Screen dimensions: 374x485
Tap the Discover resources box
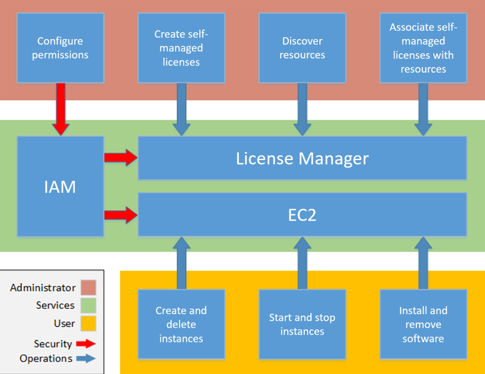tap(302, 48)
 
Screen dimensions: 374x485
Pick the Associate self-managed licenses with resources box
tap(423, 48)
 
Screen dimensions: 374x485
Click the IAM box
tap(61, 186)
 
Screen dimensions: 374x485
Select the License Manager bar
tap(302, 158)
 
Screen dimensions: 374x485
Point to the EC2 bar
tap(302, 215)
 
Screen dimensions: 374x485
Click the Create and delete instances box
tap(181, 324)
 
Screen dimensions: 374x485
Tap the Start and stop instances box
tap(302, 324)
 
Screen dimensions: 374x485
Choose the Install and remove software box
tap(423, 324)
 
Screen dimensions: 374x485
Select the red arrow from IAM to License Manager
tap(121, 158)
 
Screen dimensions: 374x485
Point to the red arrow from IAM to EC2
tap(121, 215)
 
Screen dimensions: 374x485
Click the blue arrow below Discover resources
tap(302, 109)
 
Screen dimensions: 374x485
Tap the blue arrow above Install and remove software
tap(423, 263)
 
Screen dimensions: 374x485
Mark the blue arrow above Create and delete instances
tap(181, 263)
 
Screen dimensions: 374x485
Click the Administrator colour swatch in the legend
tap(88, 288)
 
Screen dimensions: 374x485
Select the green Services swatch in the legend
tap(88, 305)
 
